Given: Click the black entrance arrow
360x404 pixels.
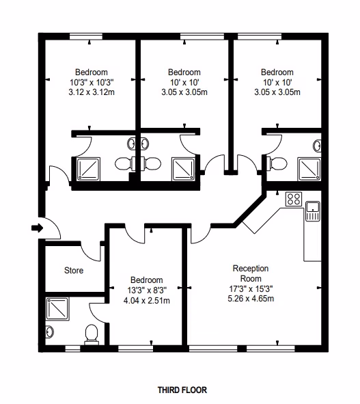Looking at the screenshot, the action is (x=37, y=228).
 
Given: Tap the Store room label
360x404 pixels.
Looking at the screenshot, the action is (x=74, y=270).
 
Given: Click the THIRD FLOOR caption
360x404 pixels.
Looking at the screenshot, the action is (x=182, y=390).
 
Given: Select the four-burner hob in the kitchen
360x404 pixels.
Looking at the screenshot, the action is (x=294, y=199).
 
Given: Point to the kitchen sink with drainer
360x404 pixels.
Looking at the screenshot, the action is (x=313, y=211).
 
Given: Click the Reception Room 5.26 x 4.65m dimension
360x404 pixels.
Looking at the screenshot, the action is (x=251, y=299).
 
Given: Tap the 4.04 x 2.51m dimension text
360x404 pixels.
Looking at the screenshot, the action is (x=146, y=301).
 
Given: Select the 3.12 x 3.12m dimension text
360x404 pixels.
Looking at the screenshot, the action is (x=92, y=92).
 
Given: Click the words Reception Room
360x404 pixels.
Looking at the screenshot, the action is (x=251, y=273).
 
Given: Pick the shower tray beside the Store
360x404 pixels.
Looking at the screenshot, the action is (x=57, y=309).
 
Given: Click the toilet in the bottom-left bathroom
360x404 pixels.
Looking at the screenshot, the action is (x=92, y=334).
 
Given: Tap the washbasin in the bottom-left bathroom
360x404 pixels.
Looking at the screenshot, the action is (x=49, y=332).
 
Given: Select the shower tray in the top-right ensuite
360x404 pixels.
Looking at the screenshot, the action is (x=309, y=169).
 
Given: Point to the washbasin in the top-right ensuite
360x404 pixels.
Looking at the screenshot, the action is (x=317, y=146).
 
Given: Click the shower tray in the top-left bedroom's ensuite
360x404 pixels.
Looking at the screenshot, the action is (x=89, y=169).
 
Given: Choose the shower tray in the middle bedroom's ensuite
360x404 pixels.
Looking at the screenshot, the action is (x=184, y=169).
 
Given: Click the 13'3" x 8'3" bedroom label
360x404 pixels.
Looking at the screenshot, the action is (x=147, y=291).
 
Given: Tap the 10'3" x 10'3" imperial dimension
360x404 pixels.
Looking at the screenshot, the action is (x=92, y=83).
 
